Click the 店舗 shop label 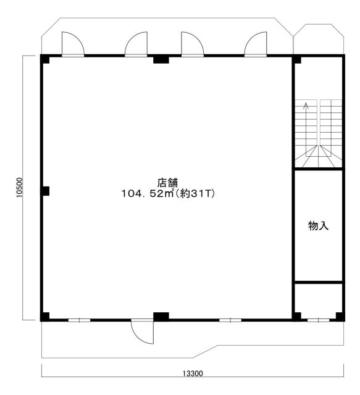click(x=167, y=183)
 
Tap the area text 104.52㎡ click(x=148, y=193)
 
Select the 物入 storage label click(x=319, y=225)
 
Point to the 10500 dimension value click(x=19, y=188)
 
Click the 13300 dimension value click(x=193, y=373)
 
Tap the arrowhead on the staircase click(x=306, y=105)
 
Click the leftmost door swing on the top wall click(x=73, y=43)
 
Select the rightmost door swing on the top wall click(x=256, y=43)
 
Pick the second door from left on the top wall click(x=136, y=43)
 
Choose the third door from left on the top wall click(x=193, y=43)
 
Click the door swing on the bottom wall click(x=142, y=332)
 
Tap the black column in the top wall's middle click(x=161, y=59)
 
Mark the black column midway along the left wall click(x=45, y=191)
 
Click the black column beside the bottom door click(x=161, y=317)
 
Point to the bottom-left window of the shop click(x=80, y=320)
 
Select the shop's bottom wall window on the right click(x=230, y=320)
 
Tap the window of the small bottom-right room click(x=319, y=320)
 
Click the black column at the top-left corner click(x=45, y=59)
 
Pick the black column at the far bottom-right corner click(x=340, y=317)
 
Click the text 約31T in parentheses click(x=195, y=193)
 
